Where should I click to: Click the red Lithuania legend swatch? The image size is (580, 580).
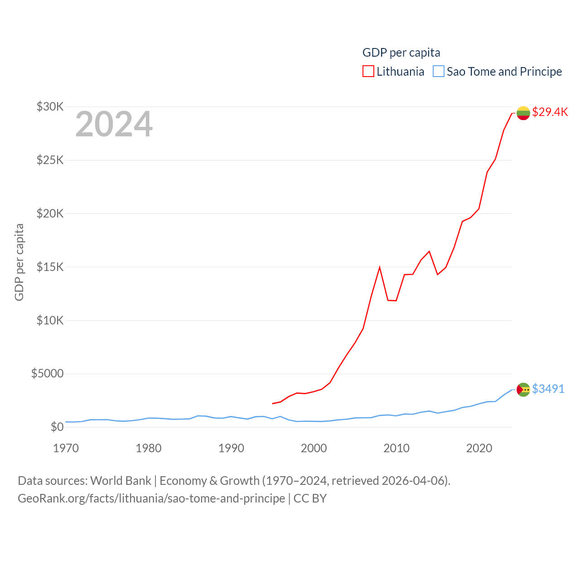(368, 72)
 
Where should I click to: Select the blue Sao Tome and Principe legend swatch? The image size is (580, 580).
(438, 72)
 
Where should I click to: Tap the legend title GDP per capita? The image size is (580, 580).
(401, 53)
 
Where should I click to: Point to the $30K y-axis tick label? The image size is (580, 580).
(50, 107)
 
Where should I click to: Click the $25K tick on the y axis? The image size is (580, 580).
(50, 160)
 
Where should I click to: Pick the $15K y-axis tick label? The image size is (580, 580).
(50, 267)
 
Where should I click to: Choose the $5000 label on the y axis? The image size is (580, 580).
(48, 374)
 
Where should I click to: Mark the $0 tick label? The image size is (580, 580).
(57, 427)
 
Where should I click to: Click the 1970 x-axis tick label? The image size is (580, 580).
(66, 448)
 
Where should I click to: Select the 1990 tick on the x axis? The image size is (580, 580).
(231, 448)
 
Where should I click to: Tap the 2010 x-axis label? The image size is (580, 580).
(396, 448)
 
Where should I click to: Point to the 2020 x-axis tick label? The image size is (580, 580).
(479, 448)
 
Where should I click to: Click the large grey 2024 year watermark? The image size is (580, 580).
(114, 124)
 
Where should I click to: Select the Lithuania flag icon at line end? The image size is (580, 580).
(523, 113)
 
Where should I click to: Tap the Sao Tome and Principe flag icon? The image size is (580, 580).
(523, 390)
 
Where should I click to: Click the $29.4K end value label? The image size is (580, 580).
(550, 112)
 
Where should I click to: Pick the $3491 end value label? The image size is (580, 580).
(548, 389)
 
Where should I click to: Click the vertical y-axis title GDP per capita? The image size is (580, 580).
(19, 262)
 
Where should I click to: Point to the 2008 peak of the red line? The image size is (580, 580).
(380, 267)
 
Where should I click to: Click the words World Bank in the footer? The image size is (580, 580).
(121, 481)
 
